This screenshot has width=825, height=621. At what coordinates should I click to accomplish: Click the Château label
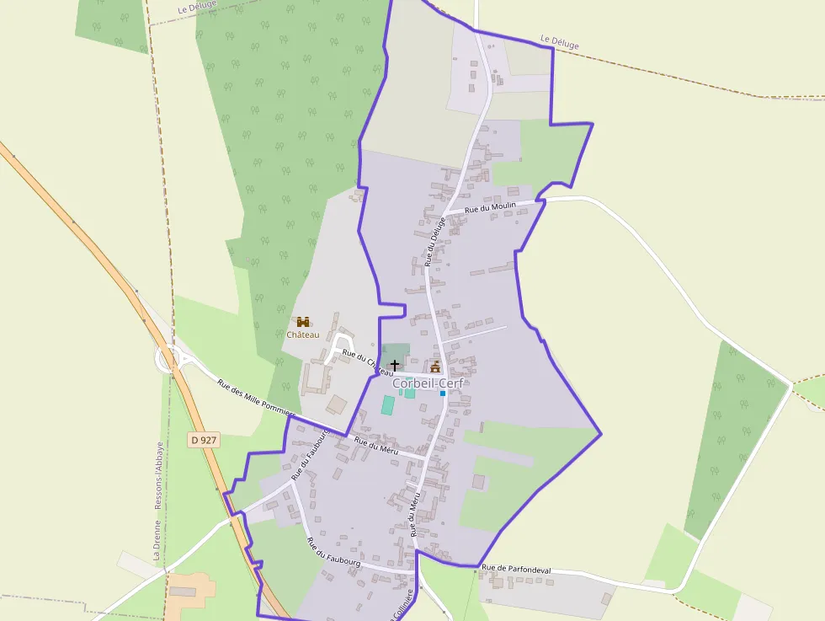pyautogui.click(x=302, y=335)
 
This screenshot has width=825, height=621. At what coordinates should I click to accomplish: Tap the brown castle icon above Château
pyautogui.click(x=302, y=322)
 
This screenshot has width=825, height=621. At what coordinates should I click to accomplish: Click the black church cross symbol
pyautogui.click(x=395, y=366)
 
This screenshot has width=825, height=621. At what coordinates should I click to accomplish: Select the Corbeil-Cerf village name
pyautogui.click(x=428, y=383)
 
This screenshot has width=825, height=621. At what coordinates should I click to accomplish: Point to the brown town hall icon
pyautogui.click(x=435, y=366)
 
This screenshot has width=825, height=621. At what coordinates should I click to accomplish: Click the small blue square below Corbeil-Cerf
pyautogui.click(x=442, y=393)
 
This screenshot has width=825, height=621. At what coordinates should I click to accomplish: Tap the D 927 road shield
pyautogui.click(x=205, y=440)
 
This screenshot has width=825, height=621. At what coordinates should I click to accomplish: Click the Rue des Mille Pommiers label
pyautogui.click(x=256, y=398)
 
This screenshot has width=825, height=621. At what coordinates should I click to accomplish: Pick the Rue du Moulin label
pyautogui.click(x=490, y=206)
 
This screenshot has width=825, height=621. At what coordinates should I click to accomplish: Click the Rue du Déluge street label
pyautogui.click(x=433, y=240)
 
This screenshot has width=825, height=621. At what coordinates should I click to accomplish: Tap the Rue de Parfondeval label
pyautogui.click(x=517, y=570)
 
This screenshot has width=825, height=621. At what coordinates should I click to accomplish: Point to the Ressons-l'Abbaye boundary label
pyautogui.click(x=160, y=476)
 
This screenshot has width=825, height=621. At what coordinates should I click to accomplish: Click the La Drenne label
pyautogui.click(x=157, y=540)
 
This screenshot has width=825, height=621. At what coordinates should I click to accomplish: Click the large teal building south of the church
pyautogui.click(x=387, y=404)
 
